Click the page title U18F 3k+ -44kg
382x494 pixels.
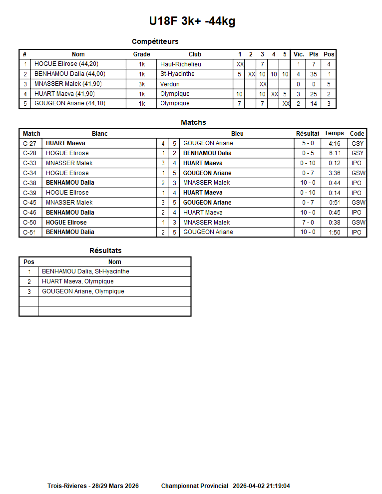192,21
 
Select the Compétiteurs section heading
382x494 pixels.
155,41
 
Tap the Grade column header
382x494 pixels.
141,54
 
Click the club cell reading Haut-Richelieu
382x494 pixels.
180,64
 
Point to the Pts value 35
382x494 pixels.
313,74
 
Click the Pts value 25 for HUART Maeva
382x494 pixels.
313,94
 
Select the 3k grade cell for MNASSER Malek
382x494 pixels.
141,84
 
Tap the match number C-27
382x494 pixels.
29,143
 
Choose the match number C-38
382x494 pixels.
29,183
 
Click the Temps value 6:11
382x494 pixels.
334,153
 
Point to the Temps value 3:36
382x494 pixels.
334,173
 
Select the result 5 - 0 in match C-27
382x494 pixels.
308,143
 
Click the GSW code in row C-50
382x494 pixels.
358,223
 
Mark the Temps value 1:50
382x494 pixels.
334,232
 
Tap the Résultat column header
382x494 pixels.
308,134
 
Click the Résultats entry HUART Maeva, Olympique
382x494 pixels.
77,281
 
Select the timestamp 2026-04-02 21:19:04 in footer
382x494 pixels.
261,486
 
